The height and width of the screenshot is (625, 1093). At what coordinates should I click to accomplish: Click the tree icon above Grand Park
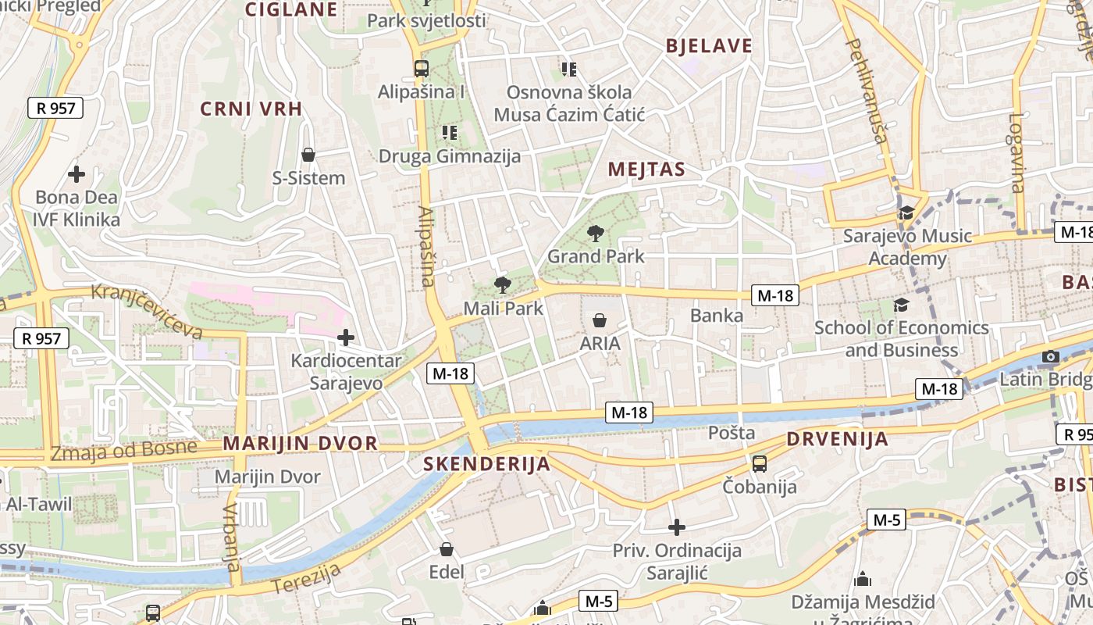tap(596, 233)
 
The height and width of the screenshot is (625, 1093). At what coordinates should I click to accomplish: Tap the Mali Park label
tap(503, 309)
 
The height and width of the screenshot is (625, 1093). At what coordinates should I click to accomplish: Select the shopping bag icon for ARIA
tap(600, 320)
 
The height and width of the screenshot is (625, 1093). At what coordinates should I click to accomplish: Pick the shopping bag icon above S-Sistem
tap(308, 155)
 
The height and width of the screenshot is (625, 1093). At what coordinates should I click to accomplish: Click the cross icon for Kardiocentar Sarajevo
tap(345, 337)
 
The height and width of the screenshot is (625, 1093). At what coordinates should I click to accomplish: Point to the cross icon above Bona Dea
tap(77, 173)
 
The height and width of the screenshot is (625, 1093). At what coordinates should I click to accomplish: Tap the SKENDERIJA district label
tap(486, 464)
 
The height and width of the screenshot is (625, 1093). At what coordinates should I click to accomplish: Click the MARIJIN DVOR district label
tap(300, 444)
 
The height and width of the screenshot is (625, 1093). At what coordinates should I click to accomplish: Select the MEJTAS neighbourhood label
tap(646, 170)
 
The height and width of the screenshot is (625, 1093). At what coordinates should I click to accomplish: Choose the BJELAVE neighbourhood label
tap(709, 46)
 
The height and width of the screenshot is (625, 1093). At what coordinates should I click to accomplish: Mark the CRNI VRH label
tap(251, 109)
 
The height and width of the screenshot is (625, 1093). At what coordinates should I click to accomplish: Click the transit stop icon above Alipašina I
tap(422, 68)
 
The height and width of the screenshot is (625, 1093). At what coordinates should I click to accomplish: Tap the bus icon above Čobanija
tap(759, 464)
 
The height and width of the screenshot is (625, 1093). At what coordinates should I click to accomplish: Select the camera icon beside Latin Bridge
tap(1051, 357)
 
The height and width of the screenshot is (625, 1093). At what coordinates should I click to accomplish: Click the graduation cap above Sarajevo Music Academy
tap(906, 212)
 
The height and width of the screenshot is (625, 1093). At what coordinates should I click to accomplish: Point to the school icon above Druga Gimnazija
tap(449, 133)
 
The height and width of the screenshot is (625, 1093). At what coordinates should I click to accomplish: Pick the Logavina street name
tap(1016, 152)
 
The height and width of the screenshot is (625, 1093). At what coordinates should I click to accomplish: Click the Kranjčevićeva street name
tap(147, 310)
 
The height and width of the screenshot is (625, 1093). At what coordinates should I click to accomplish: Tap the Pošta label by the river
tap(732, 433)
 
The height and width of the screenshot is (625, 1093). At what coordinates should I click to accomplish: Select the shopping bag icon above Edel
tap(447, 549)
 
